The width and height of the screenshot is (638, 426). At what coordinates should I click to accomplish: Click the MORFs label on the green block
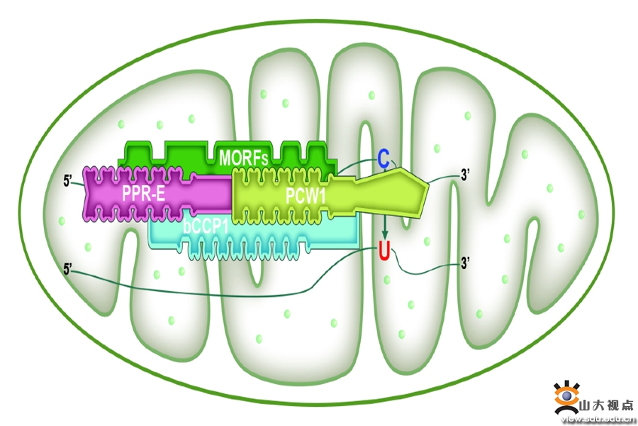pos(243,158)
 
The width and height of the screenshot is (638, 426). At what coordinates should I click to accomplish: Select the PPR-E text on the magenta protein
pos(144,194)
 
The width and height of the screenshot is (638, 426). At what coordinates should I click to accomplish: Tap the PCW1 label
pos(306,196)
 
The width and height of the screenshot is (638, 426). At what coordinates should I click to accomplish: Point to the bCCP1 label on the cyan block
pos(206,226)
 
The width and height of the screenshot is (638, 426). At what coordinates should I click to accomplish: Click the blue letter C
pos(384,159)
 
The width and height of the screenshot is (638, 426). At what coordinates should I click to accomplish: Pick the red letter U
pos(384,251)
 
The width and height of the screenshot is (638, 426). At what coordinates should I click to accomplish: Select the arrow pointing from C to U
pos(384,227)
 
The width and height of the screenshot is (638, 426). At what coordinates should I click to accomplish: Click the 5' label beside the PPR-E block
pos(68,180)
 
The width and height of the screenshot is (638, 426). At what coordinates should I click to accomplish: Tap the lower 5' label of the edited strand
pos(68,269)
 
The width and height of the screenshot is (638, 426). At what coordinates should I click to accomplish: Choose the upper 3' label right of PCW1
pos(465,175)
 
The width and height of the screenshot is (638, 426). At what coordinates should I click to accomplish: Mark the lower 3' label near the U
pos(465,263)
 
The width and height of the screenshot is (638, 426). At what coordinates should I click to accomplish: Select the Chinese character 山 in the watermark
pos(585,405)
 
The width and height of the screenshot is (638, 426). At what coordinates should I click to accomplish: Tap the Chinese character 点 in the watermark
pos(628,405)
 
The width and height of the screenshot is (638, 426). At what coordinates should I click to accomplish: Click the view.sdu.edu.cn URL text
pos(598,419)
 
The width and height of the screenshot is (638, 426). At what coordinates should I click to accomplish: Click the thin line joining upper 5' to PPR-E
pos(79,183)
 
